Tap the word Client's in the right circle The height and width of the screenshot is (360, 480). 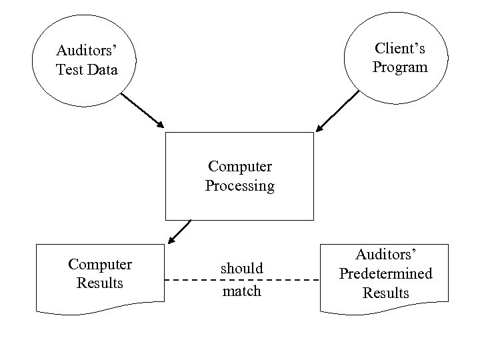pyautogui.click(x=399, y=49)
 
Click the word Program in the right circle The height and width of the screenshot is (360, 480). pyautogui.click(x=399, y=67)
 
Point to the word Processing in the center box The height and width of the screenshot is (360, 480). pyautogui.click(x=239, y=186)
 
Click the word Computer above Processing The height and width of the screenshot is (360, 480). pyautogui.click(x=239, y=165)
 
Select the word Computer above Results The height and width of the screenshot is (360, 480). pyautogui.click(x=100, y=264)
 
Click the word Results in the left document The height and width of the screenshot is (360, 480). pyautogui.click(x=100, y=283)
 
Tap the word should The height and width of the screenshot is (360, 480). pyautogui.click(x=242, y=268)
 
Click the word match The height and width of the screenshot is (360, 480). pyautogui.click(x=242, y=291)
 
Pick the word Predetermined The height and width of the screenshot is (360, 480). pyautogui.click(x=385, y=273)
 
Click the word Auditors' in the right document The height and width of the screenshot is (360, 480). pyautogui.click(x=385, y=254)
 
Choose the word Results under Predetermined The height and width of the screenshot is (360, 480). pyautogui.click(x=385, y=292)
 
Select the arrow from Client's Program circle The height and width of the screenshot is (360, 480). pyautogui.click(x=337, y=111)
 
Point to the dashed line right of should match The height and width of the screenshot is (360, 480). pyautogui.click(x=294, y=281)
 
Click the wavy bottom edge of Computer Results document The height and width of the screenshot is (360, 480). pyautogui.click(x=100, y=309)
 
